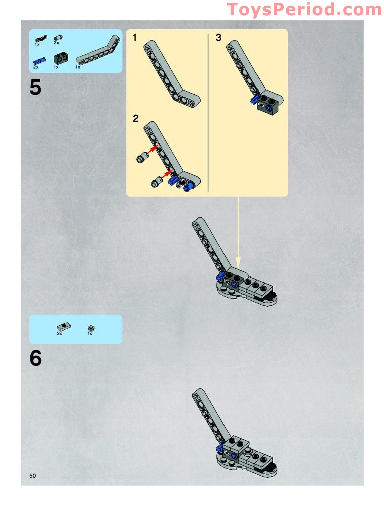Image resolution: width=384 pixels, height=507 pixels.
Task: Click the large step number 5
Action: pyautogui.click(x=36, y=87)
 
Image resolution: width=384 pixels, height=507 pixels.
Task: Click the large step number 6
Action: pyautogui.click(x=36, y=358)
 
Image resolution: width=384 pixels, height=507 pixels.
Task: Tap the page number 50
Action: pyautogui.click(x=32, y=475)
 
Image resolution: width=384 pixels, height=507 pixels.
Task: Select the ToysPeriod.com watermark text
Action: pyautogui.click(x=304, y=9)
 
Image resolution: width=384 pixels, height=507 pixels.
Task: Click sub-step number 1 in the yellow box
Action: pyautogui.click(x=135, y=37)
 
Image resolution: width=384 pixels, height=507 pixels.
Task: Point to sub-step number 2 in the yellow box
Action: pyautogui.click(x=136, y=119)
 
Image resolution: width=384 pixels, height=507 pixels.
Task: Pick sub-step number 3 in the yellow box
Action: pyautogui.click(x=218, y=37)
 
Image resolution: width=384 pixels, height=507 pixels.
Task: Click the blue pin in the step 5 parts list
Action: pyautogui.click(x=39, y=61)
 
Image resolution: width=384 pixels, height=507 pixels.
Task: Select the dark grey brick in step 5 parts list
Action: pyautogui.click(x=60, y=58)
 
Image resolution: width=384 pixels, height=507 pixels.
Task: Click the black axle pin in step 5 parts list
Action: pyautogui.click(x=41, y=39)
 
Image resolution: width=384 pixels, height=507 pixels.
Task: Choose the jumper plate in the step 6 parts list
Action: pyautogui.click(x=64, y=326)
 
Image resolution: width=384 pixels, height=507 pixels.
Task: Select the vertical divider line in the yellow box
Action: pyautogui.click(x=208, y=113)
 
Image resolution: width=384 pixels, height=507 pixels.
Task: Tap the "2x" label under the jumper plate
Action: pyautogui.click(x=59, y=333)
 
